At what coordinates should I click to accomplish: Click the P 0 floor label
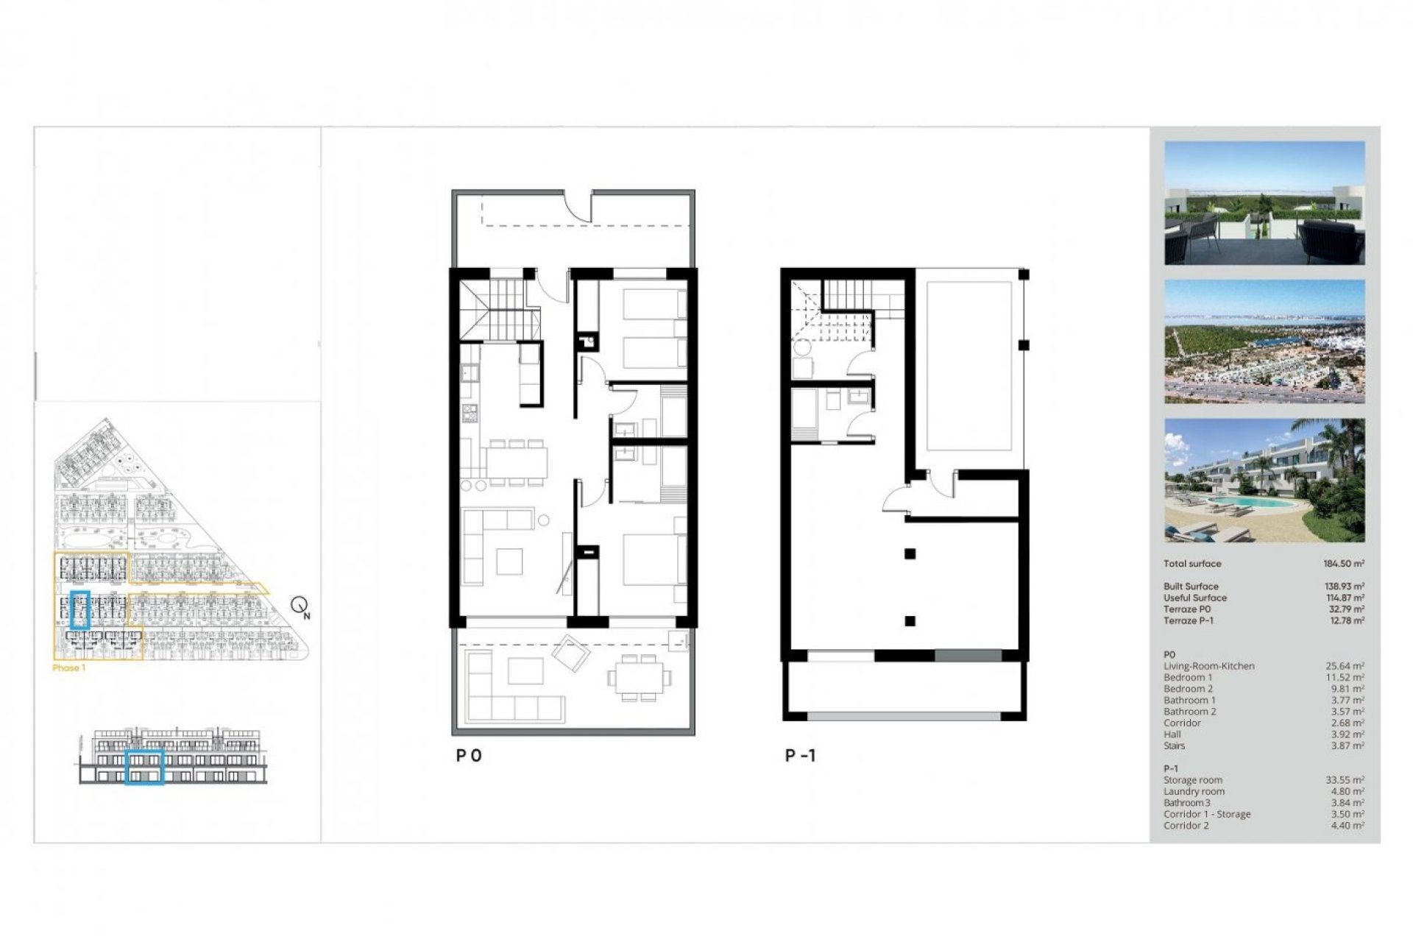(469, 755)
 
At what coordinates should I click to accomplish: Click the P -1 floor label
(800, 755)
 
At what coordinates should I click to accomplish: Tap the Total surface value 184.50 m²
(1343, 564)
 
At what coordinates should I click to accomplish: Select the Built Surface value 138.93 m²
(1343, 587)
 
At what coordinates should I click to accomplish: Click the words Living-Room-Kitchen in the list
(1208, 666)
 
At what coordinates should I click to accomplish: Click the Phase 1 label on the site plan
(69, 668)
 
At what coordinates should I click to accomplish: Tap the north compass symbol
(300, 606)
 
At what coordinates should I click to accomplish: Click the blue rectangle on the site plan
(79, 609)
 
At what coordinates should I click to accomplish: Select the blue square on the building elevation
(144, 768)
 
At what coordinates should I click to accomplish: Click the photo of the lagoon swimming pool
(1264, 481)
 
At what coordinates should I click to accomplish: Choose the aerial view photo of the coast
(1264, 341)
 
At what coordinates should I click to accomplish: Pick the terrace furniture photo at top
(1264, 203)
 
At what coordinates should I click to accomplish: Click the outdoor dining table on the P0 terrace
(639, 677)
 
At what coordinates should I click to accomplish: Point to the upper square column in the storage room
(910, 554)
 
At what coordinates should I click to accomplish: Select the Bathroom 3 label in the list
(1186, 803)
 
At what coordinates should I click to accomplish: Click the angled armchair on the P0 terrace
(570, 653)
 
